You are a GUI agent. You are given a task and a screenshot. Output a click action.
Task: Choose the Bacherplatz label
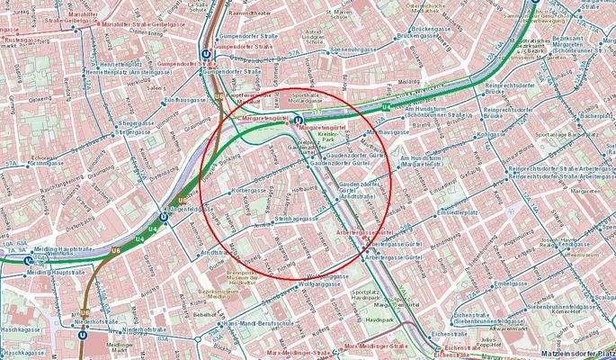tap(594, 116)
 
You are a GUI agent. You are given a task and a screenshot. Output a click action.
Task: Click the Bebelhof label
tap(206, 315)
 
